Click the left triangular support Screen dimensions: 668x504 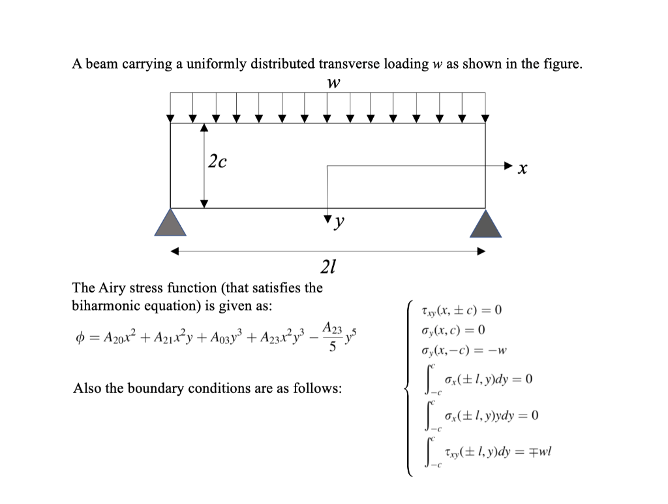[171, 223]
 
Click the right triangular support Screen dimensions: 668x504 [485, 223]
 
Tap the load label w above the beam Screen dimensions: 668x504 [333, 83]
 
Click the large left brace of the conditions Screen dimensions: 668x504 [408, 389]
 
